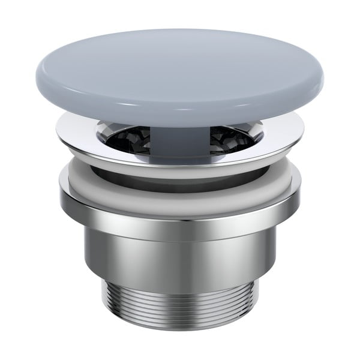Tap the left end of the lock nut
point(62,195)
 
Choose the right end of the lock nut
point(298,195)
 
